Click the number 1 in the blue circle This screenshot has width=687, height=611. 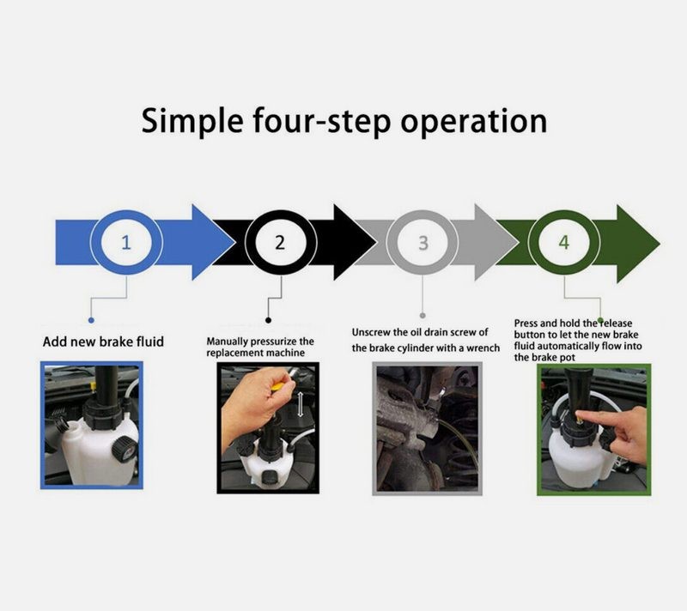[126, 242]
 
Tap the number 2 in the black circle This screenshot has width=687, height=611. [280, 242]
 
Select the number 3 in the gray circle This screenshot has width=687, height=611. [423, 243]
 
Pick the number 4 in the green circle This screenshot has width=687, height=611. [564, 243]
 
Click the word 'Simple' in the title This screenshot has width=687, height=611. [192, 122]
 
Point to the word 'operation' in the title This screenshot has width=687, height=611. [474, 122]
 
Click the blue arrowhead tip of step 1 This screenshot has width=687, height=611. [235, 243]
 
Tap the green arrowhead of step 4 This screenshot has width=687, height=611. [638, 244]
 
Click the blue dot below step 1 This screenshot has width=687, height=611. [91, 320]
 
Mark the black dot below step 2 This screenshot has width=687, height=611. [268, 320]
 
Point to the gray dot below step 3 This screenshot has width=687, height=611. [423, 316]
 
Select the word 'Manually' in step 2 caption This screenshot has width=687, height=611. [227, 342]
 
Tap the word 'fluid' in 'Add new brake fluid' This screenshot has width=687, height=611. [149, 342]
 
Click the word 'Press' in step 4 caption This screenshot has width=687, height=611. [526, 324]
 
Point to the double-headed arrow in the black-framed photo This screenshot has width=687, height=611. [301, 404]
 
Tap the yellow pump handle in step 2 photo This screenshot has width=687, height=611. [279, 385]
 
